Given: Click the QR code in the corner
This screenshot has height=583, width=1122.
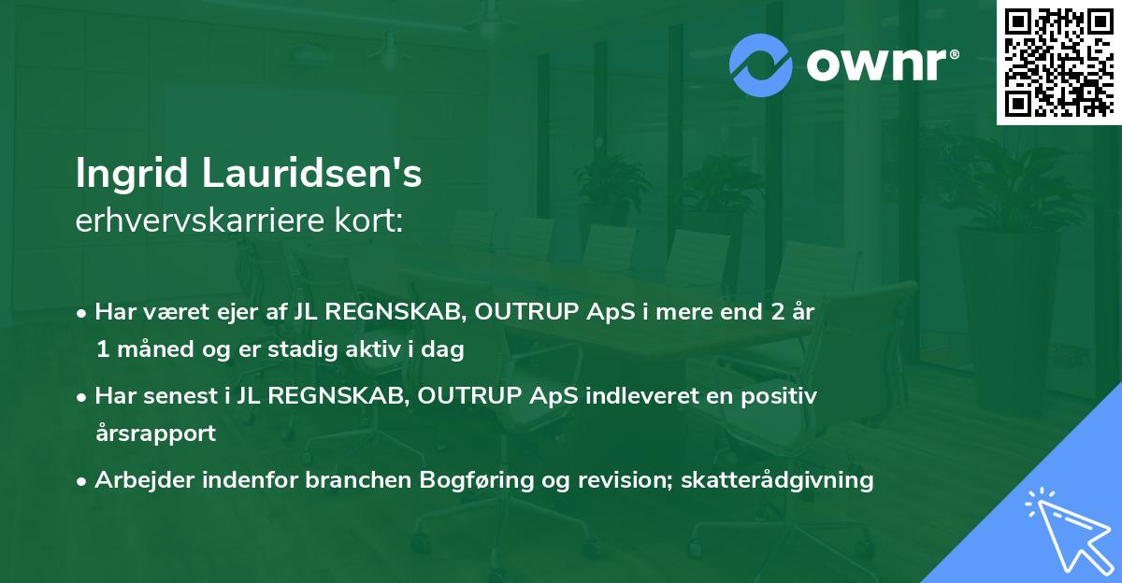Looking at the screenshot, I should (x=1059, y=62).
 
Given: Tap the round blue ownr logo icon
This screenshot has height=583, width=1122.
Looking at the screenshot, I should (x=761, y=64).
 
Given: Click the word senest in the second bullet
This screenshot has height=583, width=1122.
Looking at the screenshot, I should (x=179, y=395).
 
